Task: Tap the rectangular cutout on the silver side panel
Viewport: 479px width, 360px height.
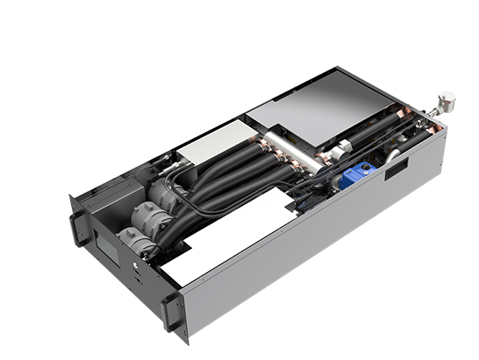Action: click(394, 170)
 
